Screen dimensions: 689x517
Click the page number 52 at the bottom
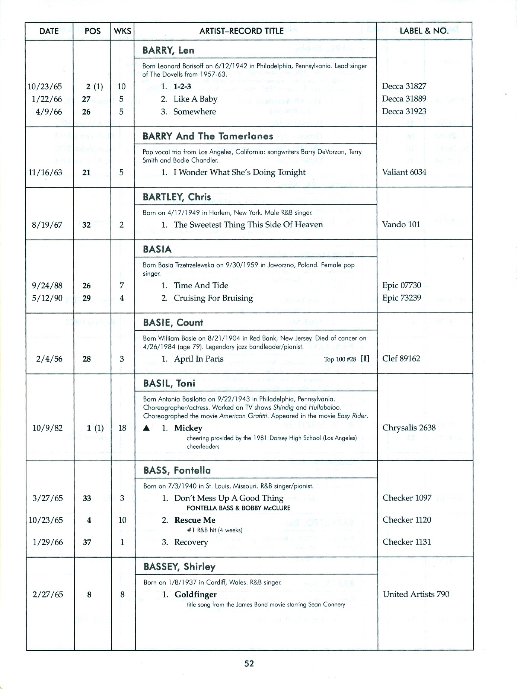point(249,663)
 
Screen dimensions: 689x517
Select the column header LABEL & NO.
point(424,31)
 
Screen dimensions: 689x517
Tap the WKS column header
point(122,31)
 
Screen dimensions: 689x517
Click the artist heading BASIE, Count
point(173,323)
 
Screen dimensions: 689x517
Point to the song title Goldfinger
point(195,594)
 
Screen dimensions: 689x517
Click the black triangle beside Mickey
point(147,428)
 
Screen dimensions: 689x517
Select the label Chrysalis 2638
point(409,427)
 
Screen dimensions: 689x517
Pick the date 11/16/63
point(45,172)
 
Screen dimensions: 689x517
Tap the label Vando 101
point(401,224)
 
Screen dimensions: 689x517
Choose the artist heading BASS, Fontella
point(177,470)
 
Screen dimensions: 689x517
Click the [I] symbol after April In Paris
point(365,359)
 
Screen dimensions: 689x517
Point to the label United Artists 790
point(416,594)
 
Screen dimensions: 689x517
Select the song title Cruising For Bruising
point(213,298)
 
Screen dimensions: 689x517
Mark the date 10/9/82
point(48,428)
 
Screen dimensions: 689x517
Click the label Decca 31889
point(404,99)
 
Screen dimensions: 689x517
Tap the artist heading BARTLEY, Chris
point(177,197)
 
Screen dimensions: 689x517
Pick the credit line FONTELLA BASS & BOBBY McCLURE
point(238,508)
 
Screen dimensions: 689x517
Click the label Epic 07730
point(401,285)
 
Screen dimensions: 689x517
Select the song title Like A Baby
point(195,99)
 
